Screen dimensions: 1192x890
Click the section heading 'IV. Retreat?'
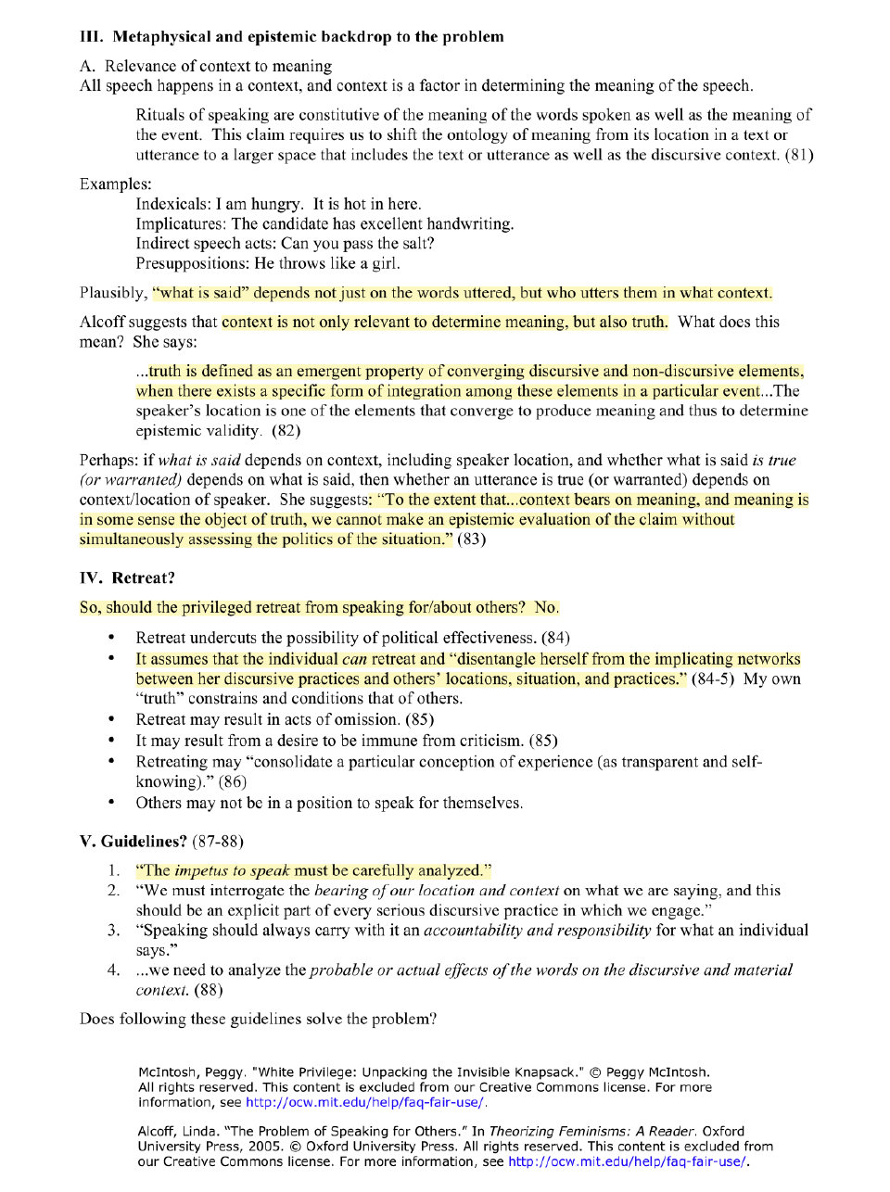coord(127,578)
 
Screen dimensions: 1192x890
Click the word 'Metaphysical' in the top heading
coord(161,37)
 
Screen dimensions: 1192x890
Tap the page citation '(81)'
coord(799,155)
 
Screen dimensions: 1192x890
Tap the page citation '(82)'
coord(286,430)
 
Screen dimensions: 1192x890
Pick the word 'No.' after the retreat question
coord(546,608)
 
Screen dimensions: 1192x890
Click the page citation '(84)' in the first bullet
coord(555,638)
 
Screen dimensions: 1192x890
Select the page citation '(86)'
coord(233,781)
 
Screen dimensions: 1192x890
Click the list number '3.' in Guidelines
coord(113,931)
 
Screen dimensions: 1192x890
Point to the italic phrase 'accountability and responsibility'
coord(538,931)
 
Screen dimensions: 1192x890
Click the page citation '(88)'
coord(209,990)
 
